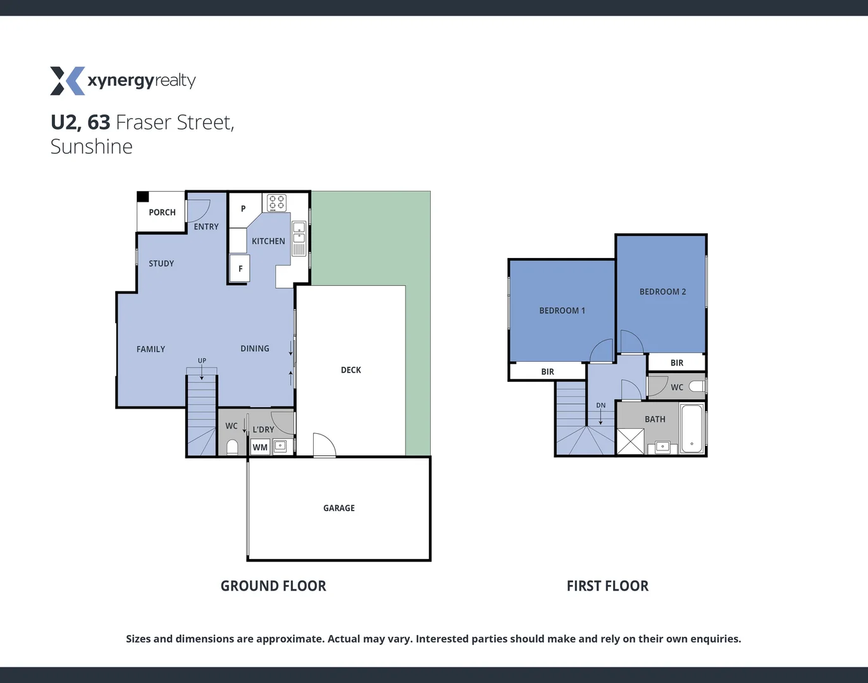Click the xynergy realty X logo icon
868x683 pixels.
[x=67, y=81]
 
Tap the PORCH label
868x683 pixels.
[x=162, y=212]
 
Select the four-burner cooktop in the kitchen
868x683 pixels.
[x=276, y=202]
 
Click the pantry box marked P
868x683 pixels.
[x=244, y=209]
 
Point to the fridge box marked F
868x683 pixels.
[x=240, y=269]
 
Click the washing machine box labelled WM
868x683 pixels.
[x=260, y=447]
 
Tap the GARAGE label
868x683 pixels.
[x=338, y=508]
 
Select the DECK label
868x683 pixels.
[x=350, y=370]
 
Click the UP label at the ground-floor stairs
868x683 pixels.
[x=202, y=360]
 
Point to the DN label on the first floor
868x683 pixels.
[x=600, y=405]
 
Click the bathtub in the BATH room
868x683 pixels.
[x=691, y=428]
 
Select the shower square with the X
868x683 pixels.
[x=630, y=441]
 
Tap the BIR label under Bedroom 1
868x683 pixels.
[x=547, y=372]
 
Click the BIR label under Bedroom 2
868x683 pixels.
[x=676, y=363]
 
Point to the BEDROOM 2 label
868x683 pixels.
[x=662, y=292]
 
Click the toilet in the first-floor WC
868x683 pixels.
[x=696, y=386]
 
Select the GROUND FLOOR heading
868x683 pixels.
[x=273, y=586]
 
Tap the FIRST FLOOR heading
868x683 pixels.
[x=607, y=586]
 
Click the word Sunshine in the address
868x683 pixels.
[x=92, y=147]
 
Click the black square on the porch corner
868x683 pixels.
[x=143, y=197]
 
